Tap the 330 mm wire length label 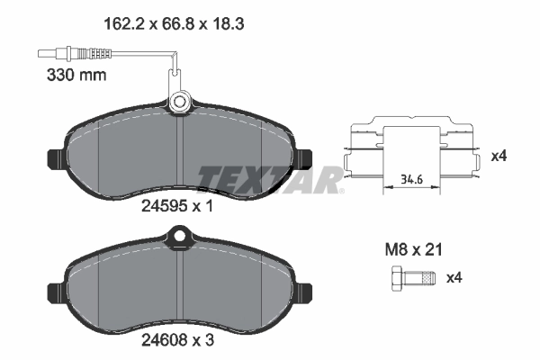click(76, 75)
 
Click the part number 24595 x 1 click(176, 205)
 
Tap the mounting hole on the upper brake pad click(179, 103)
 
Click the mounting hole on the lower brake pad click(179, 238)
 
